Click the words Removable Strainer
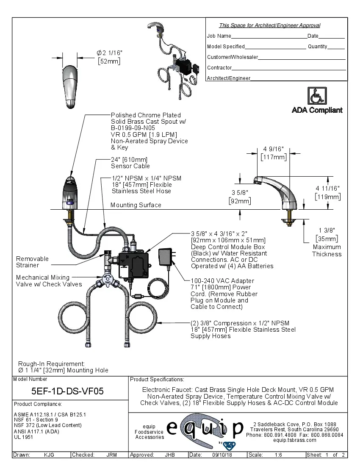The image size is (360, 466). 32,262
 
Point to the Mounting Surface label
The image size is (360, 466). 136,205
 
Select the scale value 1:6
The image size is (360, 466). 278,455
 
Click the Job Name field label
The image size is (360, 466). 219,36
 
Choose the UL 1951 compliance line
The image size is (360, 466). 23,437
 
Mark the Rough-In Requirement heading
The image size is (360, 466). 51,363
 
